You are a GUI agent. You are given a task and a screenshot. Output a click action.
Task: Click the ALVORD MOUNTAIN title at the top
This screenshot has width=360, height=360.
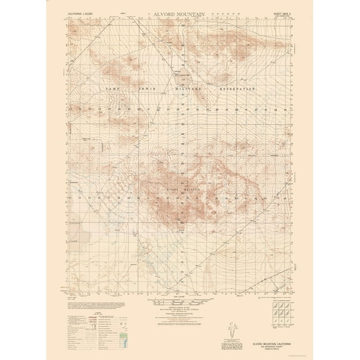tap(180, 12)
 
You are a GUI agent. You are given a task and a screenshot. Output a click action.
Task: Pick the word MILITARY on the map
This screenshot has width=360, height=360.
tap(187, 91)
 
